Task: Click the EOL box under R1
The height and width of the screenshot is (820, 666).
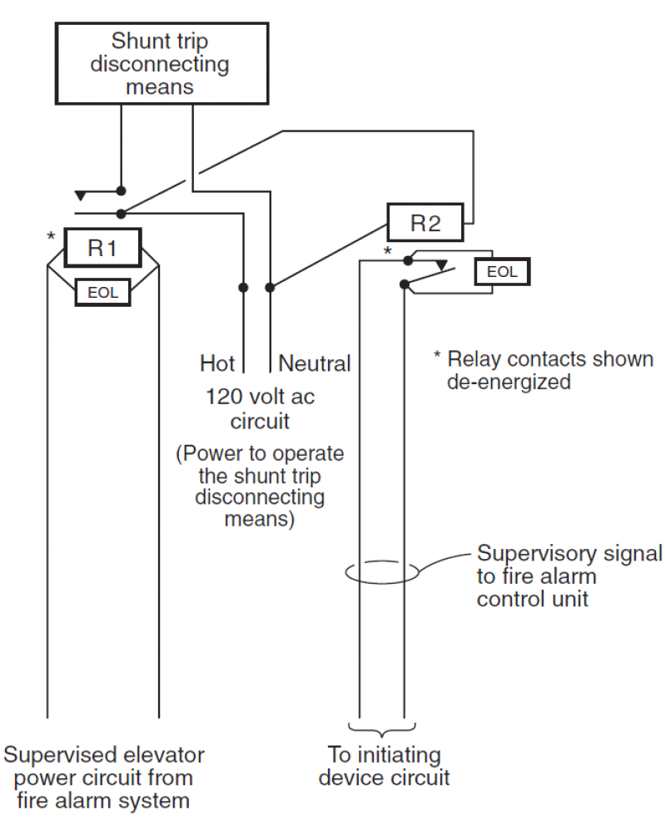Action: [102, 291]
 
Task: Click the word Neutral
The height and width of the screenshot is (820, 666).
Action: [315, 363]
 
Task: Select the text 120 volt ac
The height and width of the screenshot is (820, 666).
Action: [260, 397]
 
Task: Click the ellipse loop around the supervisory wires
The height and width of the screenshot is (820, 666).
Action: [382, 574]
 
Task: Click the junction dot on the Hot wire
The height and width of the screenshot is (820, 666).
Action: [243, 288]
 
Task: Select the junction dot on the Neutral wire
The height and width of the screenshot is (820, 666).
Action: [269, 288]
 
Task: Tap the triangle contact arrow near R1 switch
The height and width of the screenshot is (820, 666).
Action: [80, 195]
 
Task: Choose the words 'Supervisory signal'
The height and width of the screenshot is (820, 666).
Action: [569, 553]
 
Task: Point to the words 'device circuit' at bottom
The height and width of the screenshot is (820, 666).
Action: [382, 778]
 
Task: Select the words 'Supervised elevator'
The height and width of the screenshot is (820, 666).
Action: [103, 755]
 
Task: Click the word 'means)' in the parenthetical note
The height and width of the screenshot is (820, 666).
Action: [259, 520]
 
